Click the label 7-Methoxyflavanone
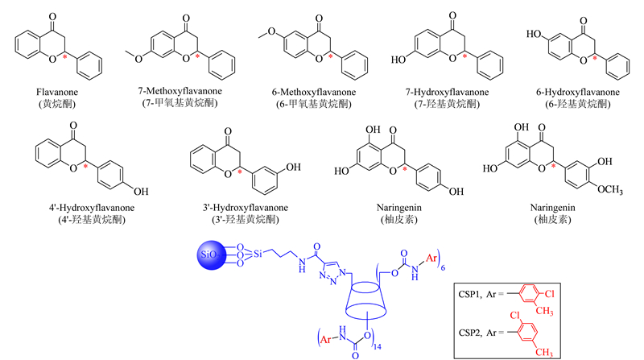tap(180, 91)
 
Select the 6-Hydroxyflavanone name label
tap(578, 92)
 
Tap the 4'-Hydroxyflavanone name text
tap(92, 208)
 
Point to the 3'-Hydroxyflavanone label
tap(246, 208)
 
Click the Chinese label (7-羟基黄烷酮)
tap(448, 104)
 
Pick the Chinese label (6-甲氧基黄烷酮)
tap(314, 104)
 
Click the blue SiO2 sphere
tap(212, 254)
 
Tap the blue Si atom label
tap(258, 254)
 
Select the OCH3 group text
tap(610, 190)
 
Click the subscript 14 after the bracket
tap(377, 347)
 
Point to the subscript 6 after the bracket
tap(443, 268)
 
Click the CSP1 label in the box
tap(470, 294)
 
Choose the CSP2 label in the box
tap(470, 333)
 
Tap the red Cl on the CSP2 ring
tap(515, 315)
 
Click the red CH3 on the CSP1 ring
tap(544, 311)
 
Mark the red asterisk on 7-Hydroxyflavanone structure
tap(464, 56)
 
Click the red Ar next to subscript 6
tap(431, 258)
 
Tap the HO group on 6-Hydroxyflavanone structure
tap(534, 34)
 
